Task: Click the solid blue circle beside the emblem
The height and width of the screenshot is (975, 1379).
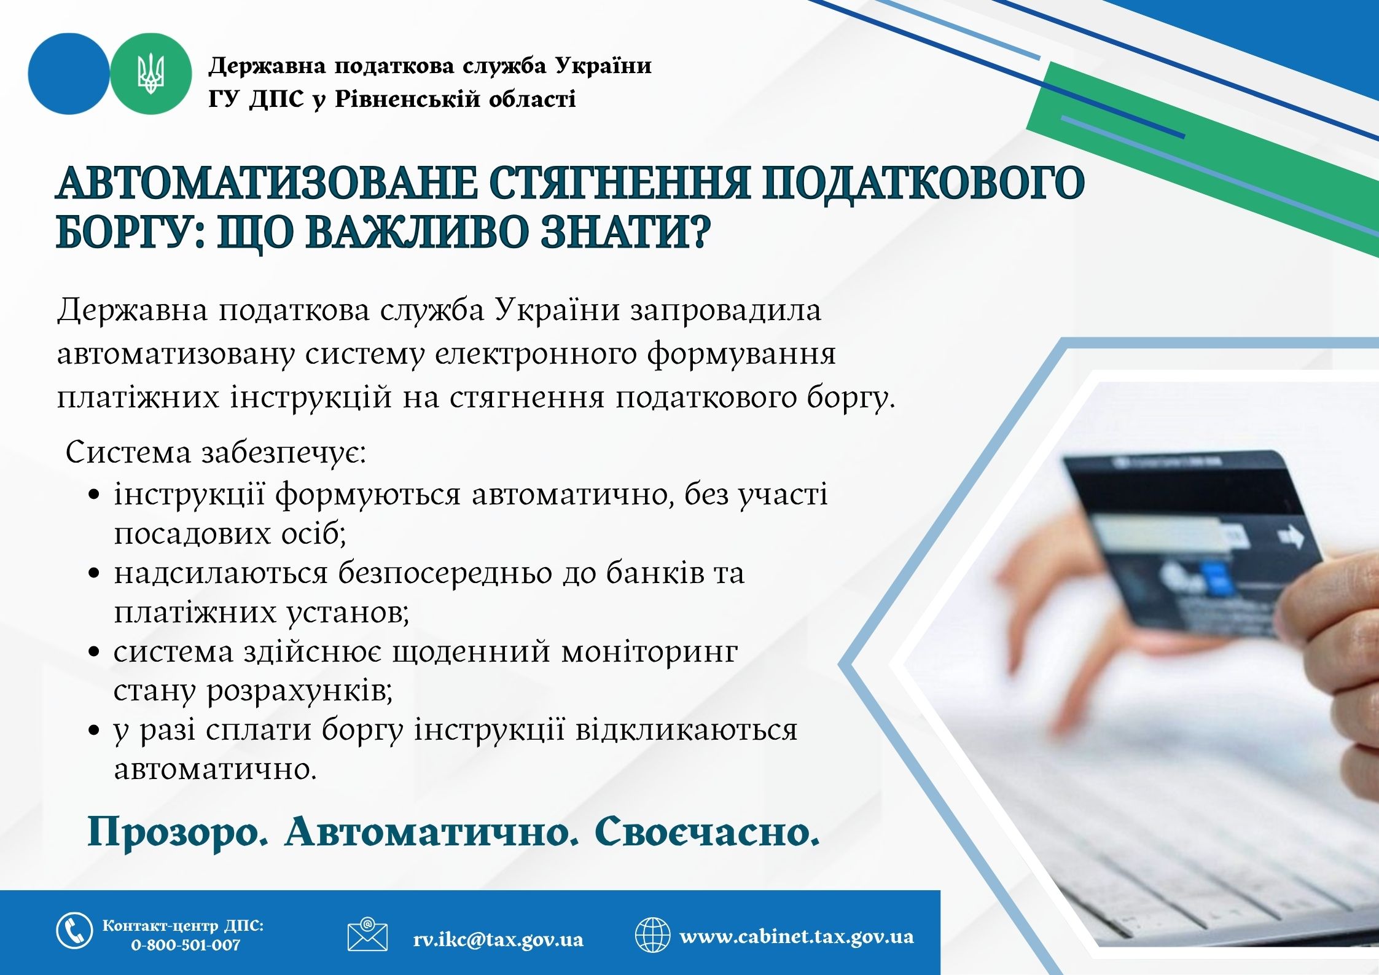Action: tap(69, 74)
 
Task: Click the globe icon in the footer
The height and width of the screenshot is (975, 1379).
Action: tap(652, 934)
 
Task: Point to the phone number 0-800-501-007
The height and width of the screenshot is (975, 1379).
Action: tap(186, 945)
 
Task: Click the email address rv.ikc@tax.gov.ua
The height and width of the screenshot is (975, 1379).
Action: tap(498, 939)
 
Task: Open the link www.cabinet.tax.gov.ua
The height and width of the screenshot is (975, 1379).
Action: tap(797, 936)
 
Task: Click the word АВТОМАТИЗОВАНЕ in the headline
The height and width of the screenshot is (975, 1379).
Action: tap(267, 182)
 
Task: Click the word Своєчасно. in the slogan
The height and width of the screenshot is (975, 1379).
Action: tap(707, 832)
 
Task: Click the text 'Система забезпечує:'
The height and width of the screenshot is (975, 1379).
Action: tap(216, 453)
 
